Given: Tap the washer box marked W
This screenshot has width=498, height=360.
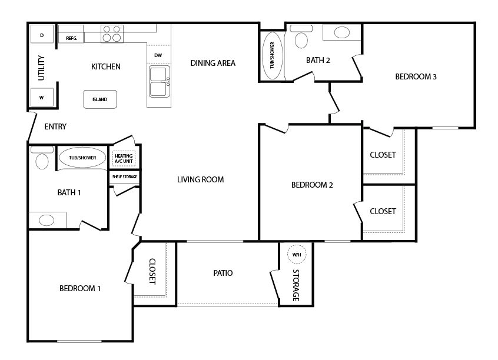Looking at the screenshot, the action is pos(42,98).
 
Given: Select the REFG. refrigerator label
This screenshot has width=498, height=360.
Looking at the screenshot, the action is pos(71,38).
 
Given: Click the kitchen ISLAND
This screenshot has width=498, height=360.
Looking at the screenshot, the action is pos(100,99).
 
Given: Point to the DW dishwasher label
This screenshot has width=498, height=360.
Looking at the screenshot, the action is pos(158,55).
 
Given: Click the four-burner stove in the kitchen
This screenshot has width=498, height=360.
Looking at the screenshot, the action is pos(112,34).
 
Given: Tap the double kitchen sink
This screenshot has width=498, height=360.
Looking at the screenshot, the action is pos(160,82).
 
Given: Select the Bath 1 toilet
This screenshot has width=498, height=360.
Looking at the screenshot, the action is pos(42,158).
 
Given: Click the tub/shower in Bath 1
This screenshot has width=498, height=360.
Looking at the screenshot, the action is pos(82,158).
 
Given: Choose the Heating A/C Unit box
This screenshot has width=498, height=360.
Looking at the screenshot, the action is pos(124,158).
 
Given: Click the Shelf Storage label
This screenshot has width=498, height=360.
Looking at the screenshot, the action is pos(125,177).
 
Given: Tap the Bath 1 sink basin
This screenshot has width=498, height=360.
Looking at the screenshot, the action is pos(47,220).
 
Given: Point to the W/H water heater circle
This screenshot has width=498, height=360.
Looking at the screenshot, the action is pos(297,255).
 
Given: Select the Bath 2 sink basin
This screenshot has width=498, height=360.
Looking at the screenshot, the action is pos(342,32).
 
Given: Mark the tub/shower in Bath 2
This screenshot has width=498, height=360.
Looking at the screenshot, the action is pos(272,55).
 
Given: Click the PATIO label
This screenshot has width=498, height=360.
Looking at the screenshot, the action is pos(223,273).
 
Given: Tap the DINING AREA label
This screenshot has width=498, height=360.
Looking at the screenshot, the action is pos(213,63).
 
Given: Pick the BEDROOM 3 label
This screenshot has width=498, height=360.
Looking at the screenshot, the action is pos(416,76).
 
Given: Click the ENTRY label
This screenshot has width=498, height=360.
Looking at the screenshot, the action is pos(55,126).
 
